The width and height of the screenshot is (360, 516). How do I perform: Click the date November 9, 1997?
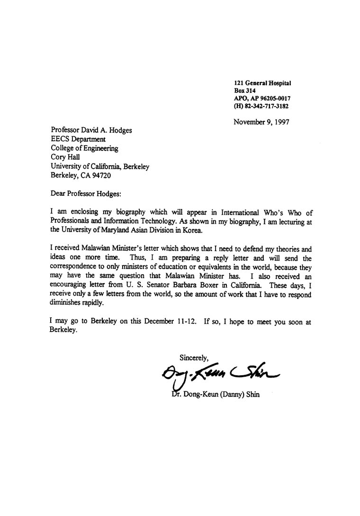pos(261,121)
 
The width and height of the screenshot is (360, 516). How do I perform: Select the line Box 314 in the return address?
pos(245,91)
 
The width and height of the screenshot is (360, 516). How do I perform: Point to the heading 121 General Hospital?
pos(262,83)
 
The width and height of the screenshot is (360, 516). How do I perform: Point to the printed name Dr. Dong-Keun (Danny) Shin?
pos(216,394)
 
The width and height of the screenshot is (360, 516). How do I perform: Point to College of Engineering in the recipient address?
pos(84,148)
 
